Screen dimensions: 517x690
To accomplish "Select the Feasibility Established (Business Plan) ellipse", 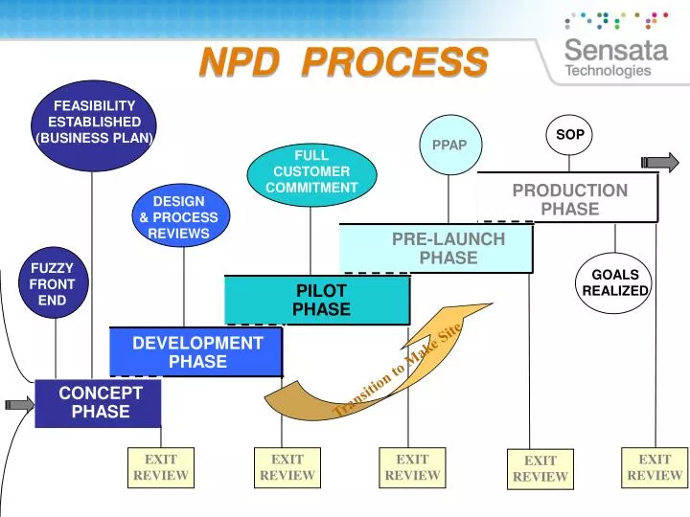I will (94, 123).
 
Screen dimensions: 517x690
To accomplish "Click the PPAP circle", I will (448, 145).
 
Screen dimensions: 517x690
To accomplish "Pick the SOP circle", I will (569, 135).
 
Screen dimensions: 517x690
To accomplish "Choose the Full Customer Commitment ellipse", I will (310, 171).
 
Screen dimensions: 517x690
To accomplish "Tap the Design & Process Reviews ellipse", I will (178, 217).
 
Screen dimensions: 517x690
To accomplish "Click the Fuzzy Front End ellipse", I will (52, 284).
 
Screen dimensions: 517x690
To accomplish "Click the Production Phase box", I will (569, 199).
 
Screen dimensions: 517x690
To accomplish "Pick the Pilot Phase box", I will (320, 300).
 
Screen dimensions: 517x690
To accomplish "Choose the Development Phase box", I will (196, 351).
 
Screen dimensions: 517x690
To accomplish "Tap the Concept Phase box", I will (99, 402).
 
